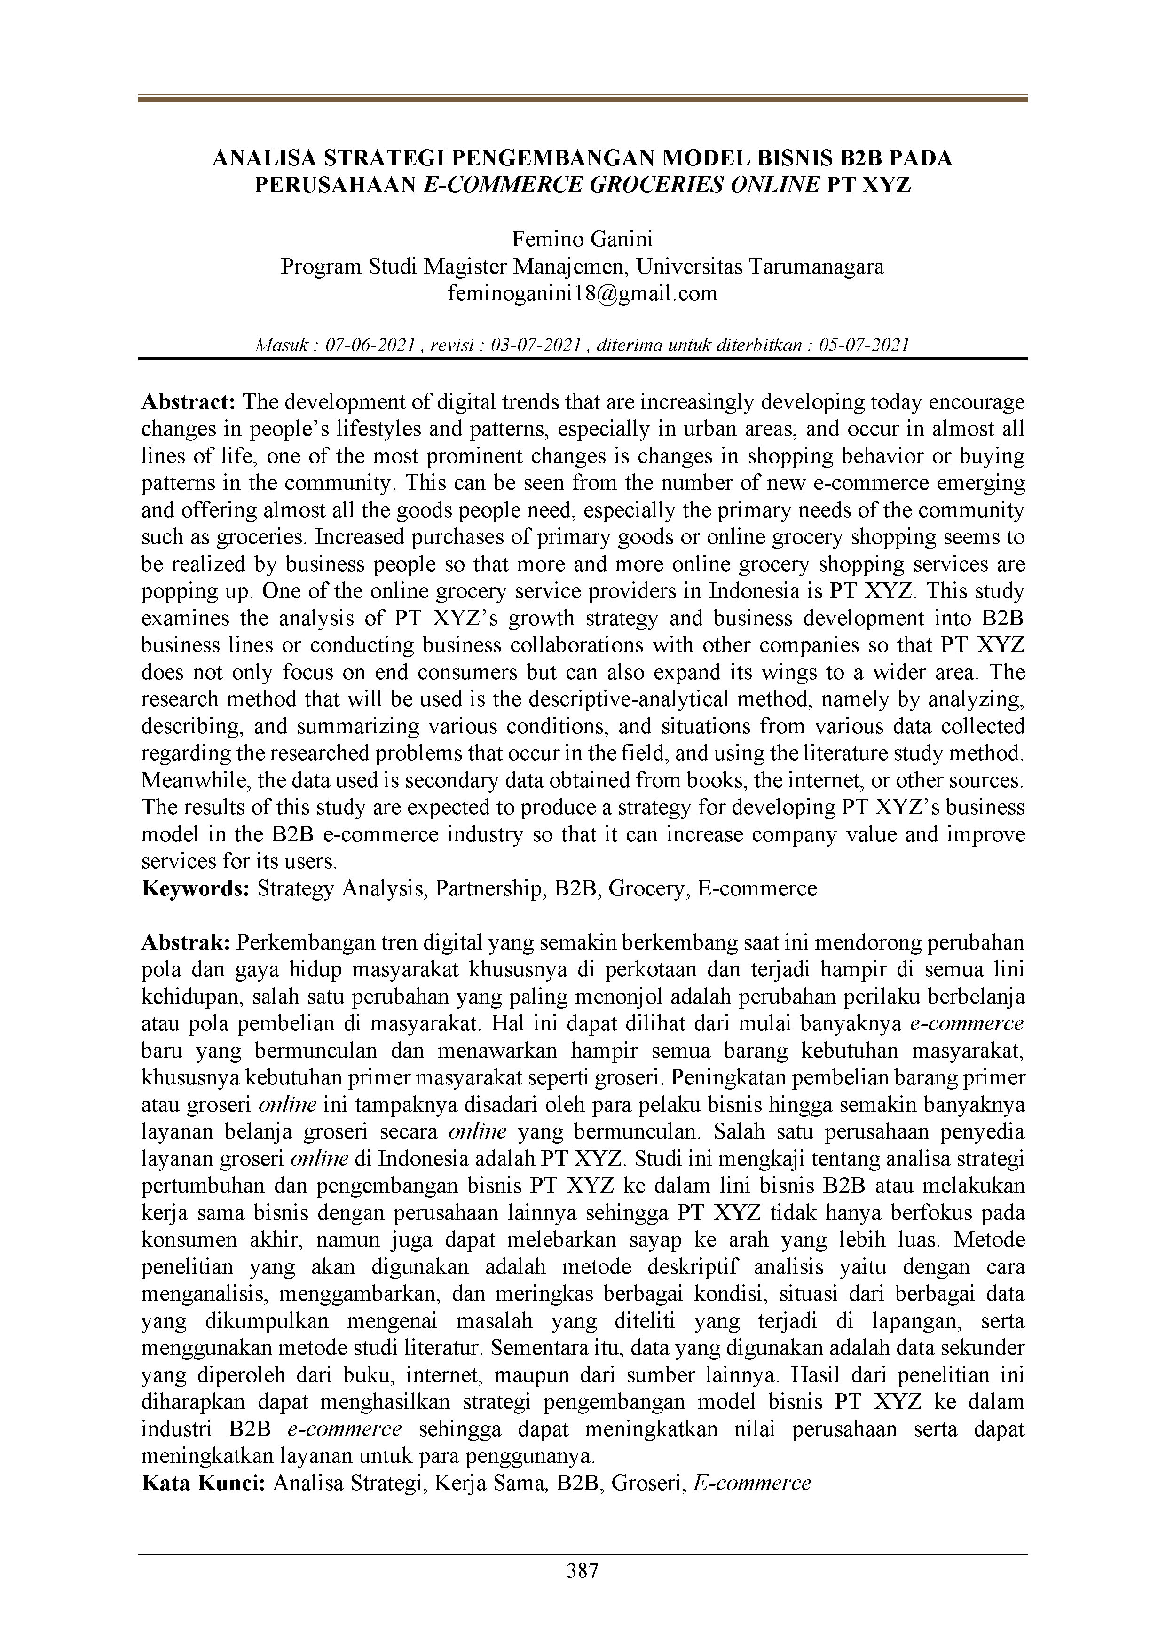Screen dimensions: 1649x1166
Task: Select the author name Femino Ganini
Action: pos(582,239)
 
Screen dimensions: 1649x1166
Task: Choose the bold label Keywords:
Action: pos(195,888)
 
